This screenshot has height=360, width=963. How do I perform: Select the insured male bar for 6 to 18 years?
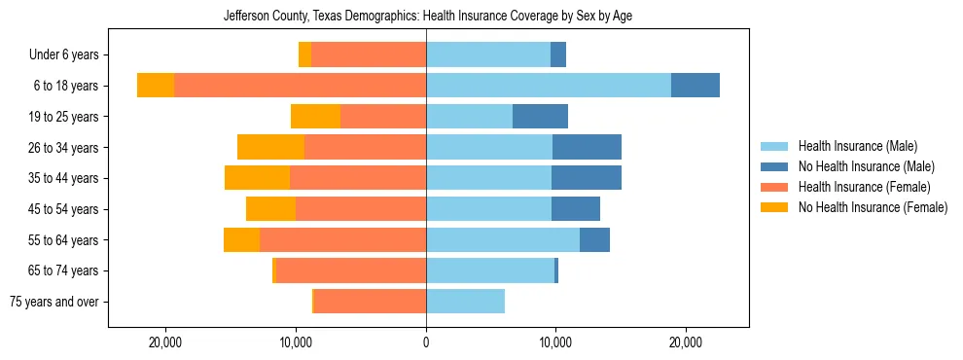tap(548, 86)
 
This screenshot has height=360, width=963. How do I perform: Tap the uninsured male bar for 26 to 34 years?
tap(587, 147)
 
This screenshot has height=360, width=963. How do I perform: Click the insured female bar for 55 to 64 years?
tap(342, 239)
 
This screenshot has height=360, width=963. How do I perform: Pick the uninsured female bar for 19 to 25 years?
tap(315, 117)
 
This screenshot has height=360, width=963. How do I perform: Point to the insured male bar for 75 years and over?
tap(465, 302)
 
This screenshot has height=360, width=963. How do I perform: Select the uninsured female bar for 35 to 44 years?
tap(257, 178)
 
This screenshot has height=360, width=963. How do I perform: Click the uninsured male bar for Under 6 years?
tap(558, 54)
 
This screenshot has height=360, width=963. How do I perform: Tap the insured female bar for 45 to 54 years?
tap(361, 209)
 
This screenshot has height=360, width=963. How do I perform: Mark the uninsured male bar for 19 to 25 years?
tap(540, 117)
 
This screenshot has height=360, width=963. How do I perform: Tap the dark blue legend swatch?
tap(775, 166)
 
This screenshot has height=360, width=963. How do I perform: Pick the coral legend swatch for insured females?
tap(775, 187)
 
